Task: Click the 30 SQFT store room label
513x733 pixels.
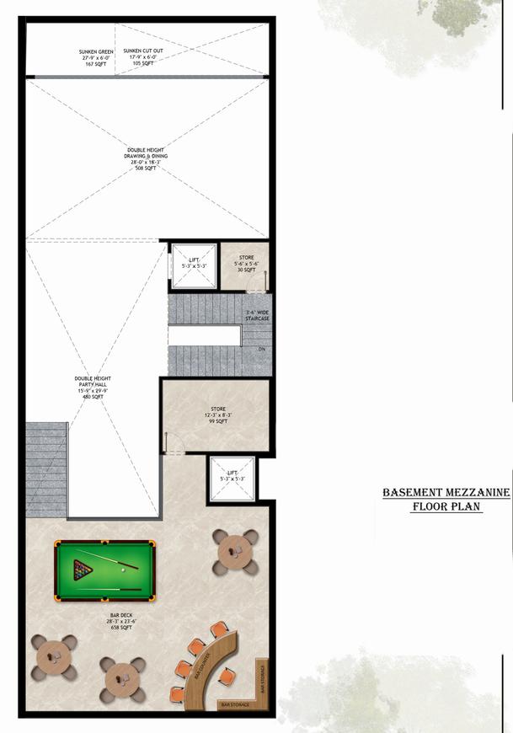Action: tap(245, 264)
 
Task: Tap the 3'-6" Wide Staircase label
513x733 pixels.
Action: tap(257, 316)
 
